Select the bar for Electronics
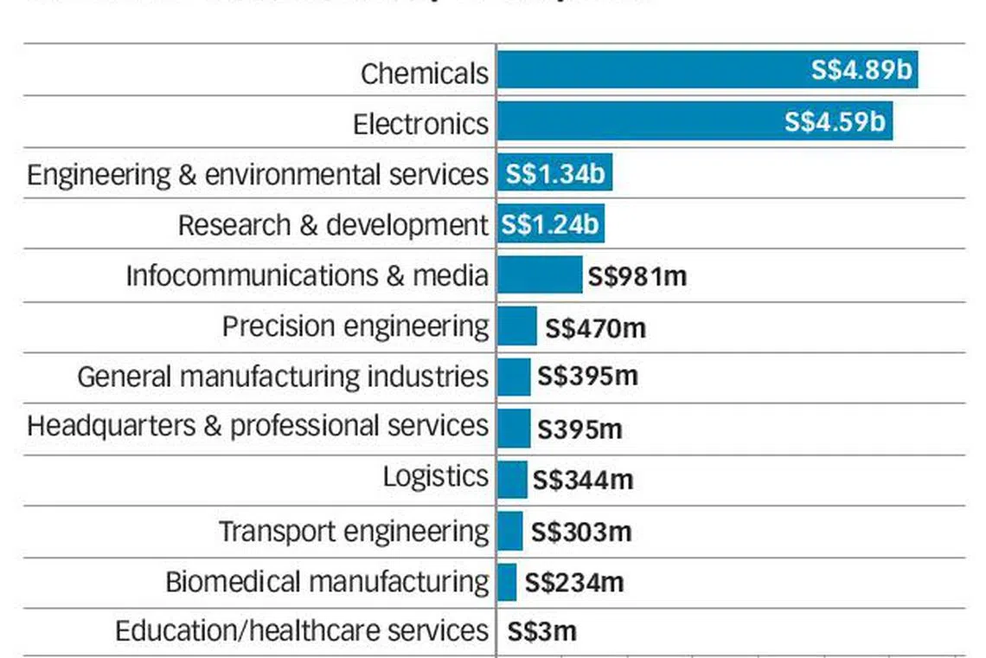coord(640,121)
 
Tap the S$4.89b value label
coord(861,70)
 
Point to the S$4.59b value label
coord(835,121)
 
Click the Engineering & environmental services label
coord(258,174)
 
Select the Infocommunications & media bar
coord(540,275)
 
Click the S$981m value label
coord(637,276)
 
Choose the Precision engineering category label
coord(355,326)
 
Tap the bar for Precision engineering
coord(517,326)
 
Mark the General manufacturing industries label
coord(283,377)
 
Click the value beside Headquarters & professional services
coord(579,429)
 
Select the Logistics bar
coord(512,479)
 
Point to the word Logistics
coord(436,477)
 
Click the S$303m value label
coord(581,532)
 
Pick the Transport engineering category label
coord(354,531)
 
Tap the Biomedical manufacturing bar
coord(507,582)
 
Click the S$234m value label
coord(574,582)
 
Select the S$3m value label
coord(541,631)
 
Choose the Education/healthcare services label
coord(302,630)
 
